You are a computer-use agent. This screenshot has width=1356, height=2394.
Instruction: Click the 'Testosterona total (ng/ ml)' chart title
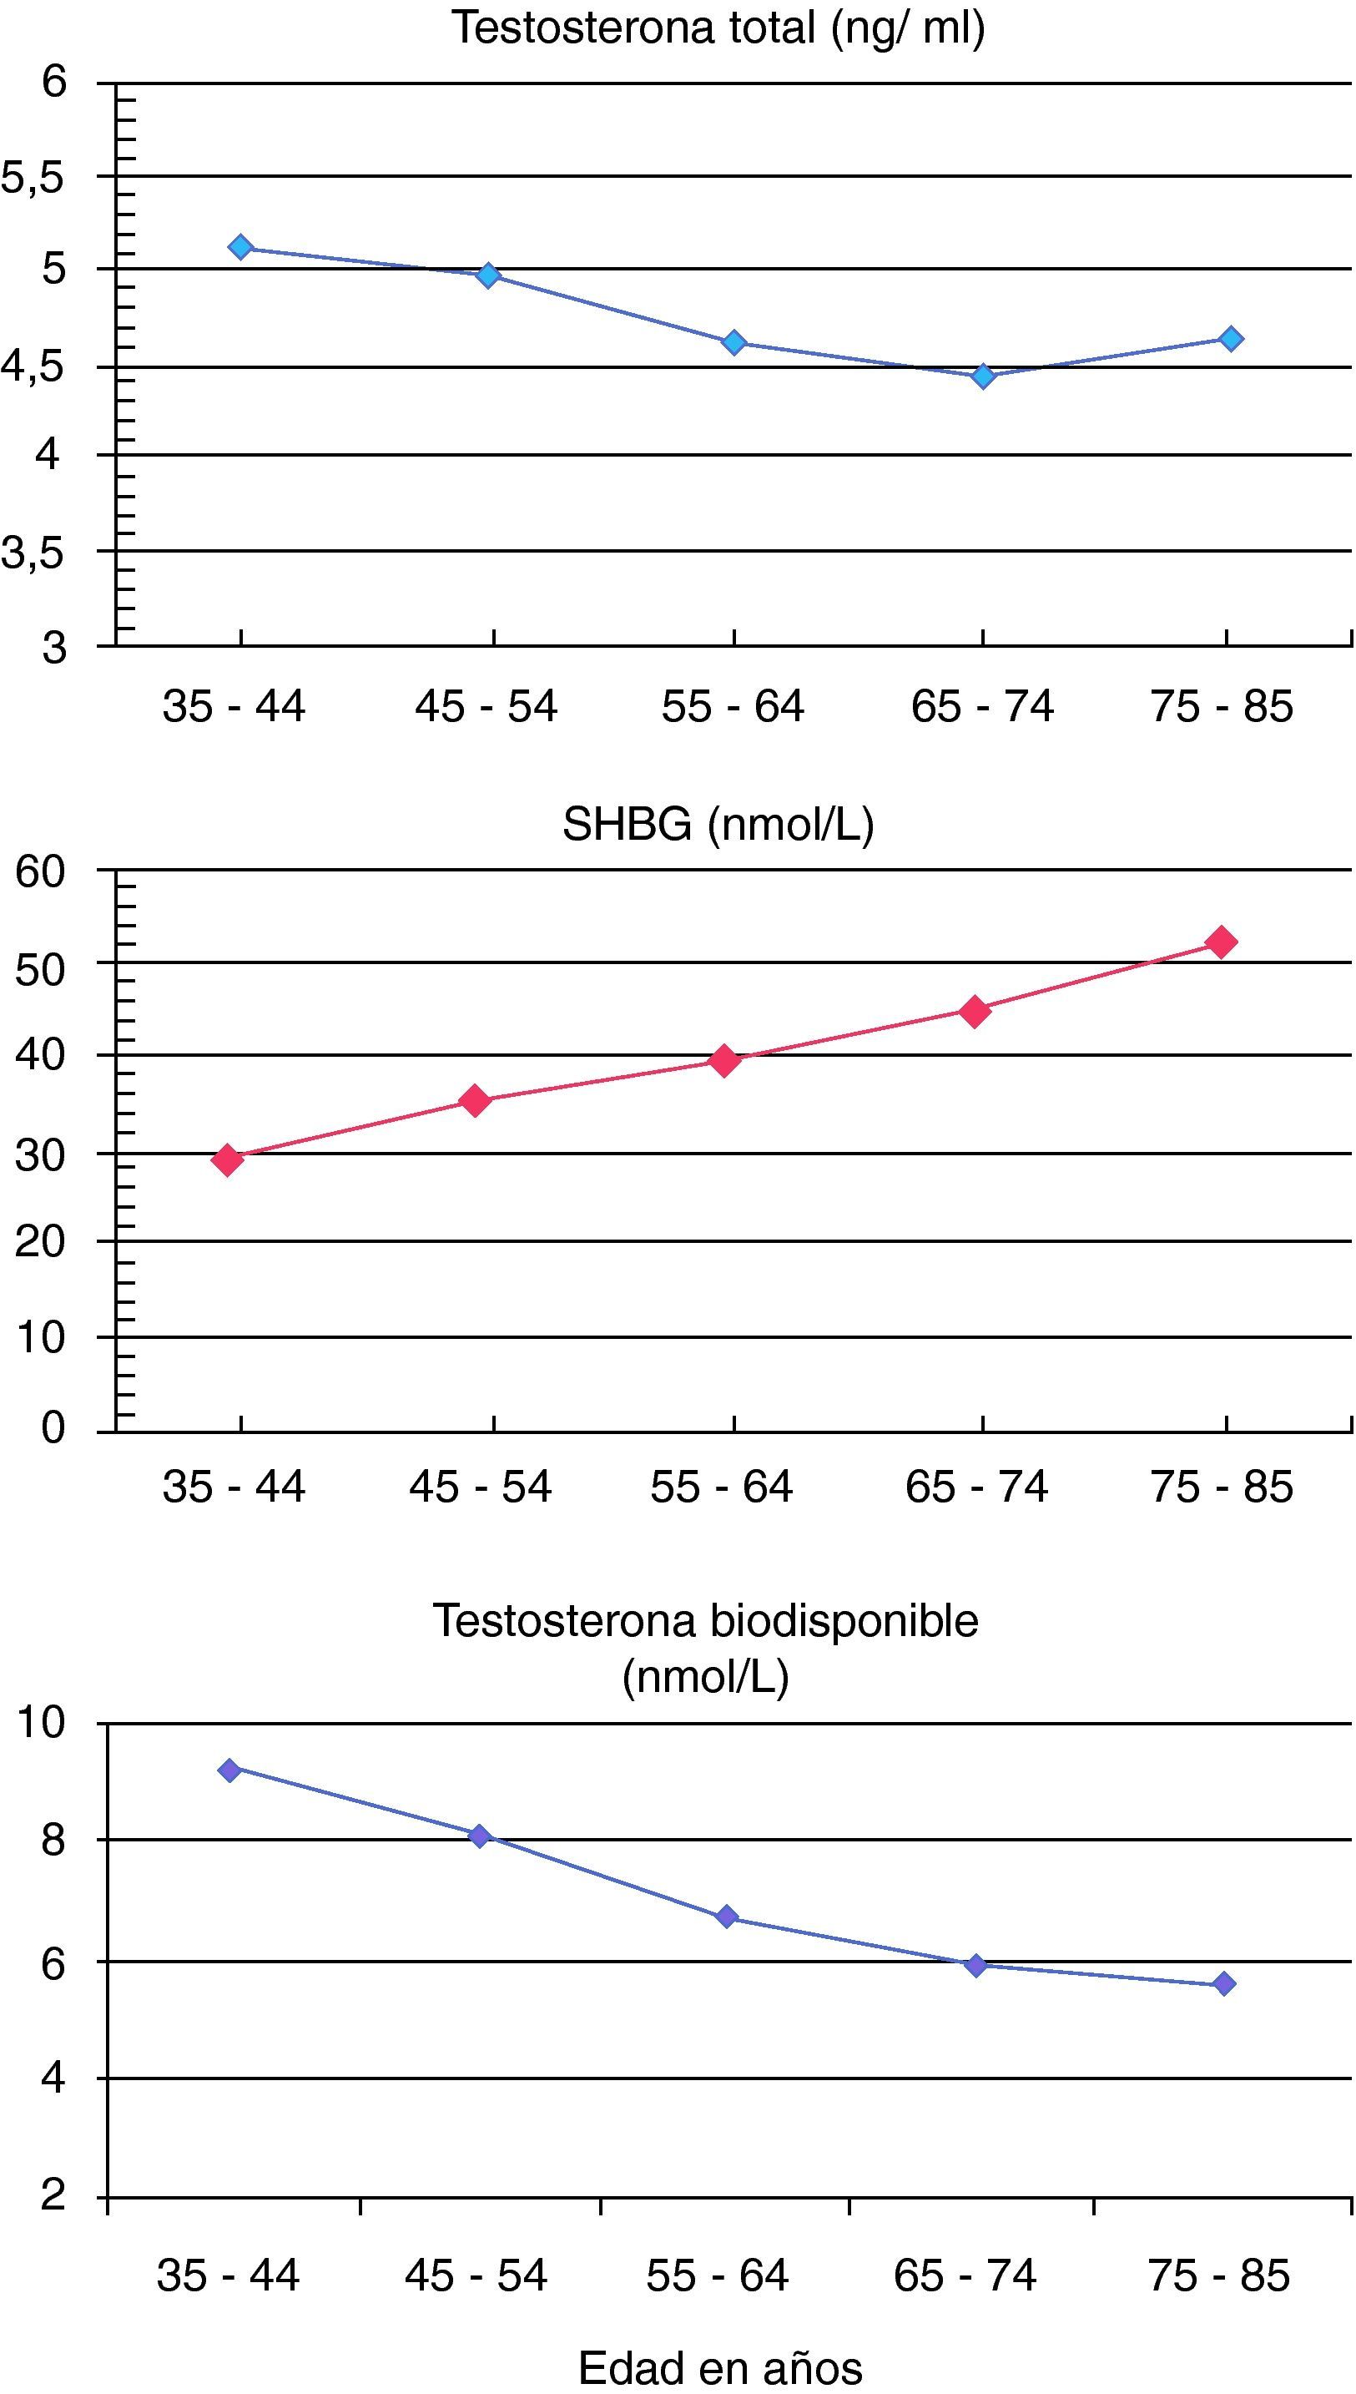(718, 28)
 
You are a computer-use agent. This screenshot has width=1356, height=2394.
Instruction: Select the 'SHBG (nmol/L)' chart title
(718, 825)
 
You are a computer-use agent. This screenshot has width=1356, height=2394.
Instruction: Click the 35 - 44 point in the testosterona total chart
(241, 247)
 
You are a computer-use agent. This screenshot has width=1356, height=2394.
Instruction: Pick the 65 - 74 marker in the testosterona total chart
(982, 376)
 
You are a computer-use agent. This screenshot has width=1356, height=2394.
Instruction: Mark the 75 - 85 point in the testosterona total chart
(1230, 338)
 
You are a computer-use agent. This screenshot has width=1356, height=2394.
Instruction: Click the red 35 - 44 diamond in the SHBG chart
(227, 1159)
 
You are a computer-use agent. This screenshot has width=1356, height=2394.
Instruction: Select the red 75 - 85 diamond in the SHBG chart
(1222, 942)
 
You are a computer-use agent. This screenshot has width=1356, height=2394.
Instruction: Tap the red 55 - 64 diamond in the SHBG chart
(724, 1060)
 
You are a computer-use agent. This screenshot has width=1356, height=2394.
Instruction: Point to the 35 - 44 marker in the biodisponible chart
(230, 1770)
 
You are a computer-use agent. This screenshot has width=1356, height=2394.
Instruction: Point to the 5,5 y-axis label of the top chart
(33, 178)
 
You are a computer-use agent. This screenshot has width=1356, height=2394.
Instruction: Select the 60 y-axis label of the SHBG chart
(40, 872)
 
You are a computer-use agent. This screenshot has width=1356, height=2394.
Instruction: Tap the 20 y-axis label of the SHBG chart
(40, 1242)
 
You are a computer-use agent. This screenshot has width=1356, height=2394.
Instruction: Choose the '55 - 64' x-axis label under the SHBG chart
(721, 1487)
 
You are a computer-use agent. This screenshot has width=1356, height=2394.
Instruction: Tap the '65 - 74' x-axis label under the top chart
(981, 706)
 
